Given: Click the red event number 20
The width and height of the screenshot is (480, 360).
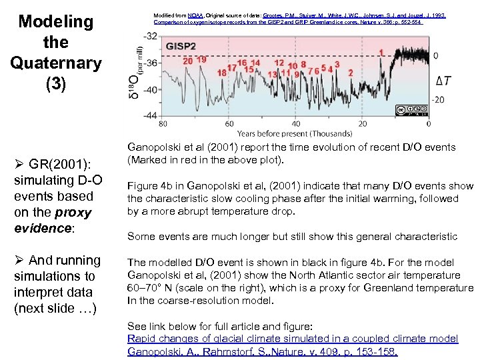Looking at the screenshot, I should click(x=187, y=61).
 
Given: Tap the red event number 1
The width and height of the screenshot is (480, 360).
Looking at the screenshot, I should click(x=381, y=52).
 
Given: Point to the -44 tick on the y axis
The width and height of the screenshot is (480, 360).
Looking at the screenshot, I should click(x=151, y=115).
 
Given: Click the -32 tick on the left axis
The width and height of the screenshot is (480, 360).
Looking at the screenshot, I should click(x=151, y=35).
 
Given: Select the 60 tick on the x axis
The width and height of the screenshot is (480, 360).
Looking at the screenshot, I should click(x=229, y=124).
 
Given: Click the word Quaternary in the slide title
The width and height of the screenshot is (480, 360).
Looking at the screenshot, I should click(x=56, y=64).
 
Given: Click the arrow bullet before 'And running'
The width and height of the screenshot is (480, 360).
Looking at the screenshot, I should click(x=19, y=261).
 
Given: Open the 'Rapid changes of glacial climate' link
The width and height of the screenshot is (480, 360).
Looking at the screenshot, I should click(x=293, y=339).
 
